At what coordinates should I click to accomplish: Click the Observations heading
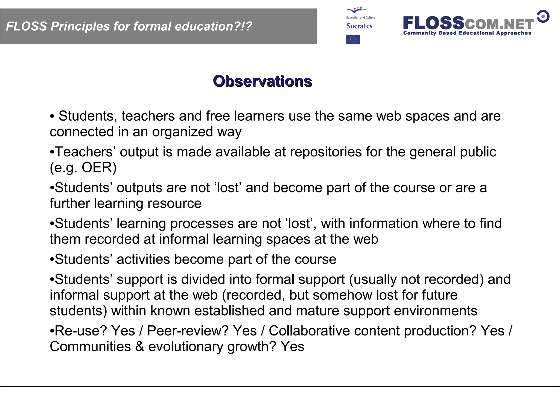[x=262, y=81]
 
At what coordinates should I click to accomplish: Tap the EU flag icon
[x=353, y=40]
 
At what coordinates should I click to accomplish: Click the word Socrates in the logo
[x=359, y=26]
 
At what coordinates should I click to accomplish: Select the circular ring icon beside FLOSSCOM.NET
[x=543, y=16]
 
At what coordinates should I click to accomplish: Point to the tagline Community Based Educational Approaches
[x=467, y=33]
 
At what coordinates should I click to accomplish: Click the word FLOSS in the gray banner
[x=27, y=27]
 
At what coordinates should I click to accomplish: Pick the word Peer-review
[x=188, y=331]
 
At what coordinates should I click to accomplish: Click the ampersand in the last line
[x=139, y=347]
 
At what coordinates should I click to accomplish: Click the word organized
[x=182, y=132]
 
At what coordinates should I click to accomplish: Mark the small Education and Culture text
[x=361, y=17]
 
